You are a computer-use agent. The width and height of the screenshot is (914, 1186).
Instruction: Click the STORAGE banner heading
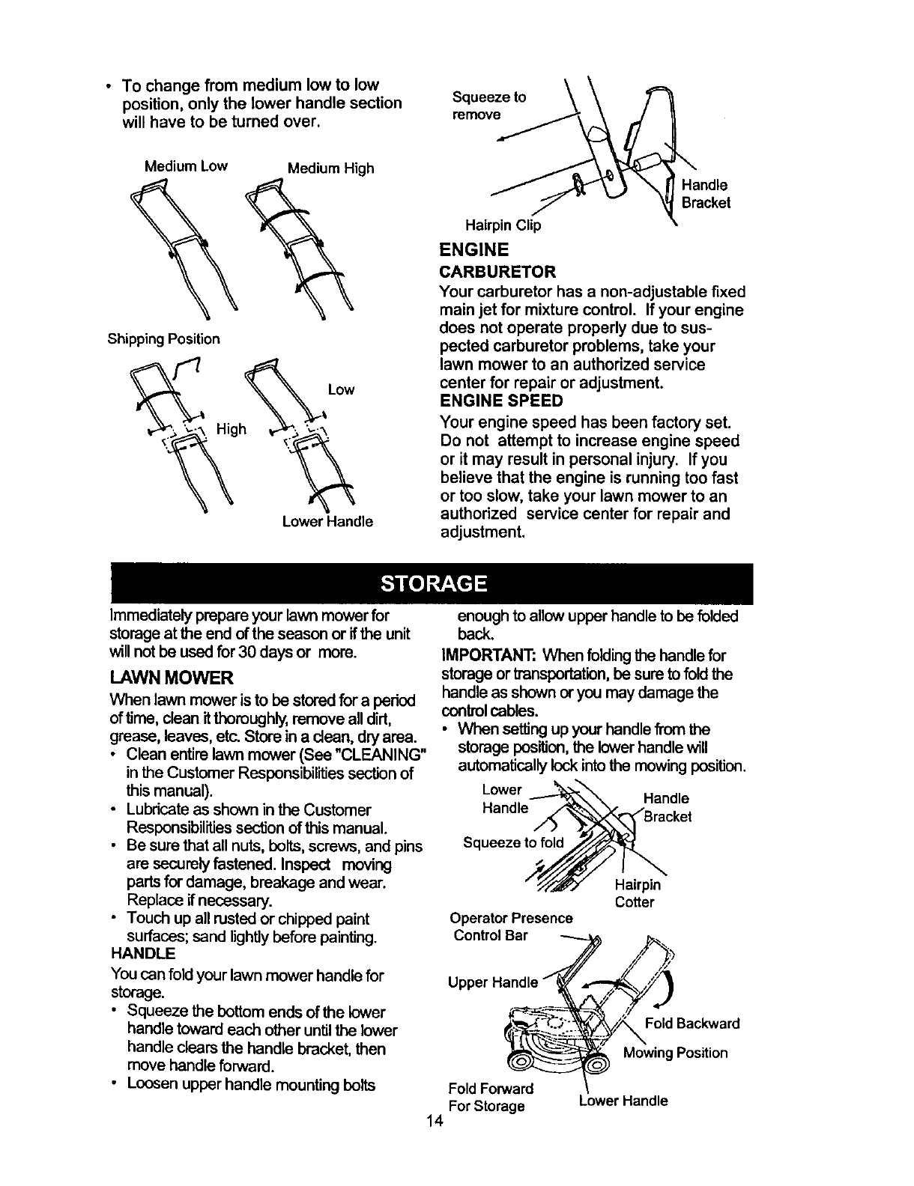click(x=434, y=584)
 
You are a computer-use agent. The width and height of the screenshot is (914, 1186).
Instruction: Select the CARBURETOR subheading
click(x=497, y=271)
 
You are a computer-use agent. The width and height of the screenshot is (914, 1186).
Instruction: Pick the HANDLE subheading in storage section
click(x=142, y=954)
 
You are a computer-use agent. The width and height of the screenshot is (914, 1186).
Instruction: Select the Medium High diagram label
click(x=331, y=168)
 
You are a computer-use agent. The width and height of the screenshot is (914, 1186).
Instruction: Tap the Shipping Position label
click(x=164, y=339)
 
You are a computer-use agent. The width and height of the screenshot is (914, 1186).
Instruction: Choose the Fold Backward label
click(x=691, y=1024)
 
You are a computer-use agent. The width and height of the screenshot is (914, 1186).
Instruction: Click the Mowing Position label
click(x=675, y=1053)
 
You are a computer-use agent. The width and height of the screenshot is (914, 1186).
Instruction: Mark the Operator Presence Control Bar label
click(x=512, y=926)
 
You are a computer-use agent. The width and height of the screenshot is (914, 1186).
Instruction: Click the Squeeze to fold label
click(x=513, y=843)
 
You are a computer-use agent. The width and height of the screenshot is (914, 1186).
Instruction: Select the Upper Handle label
click(x=493, y=982)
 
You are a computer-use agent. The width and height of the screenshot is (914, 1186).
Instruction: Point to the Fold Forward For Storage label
click(x=490, y=1097)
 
